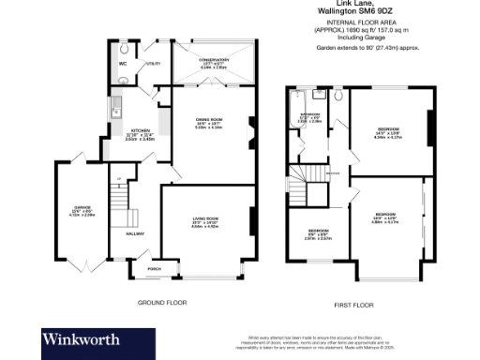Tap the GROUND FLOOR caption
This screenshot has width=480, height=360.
tap(164, 303)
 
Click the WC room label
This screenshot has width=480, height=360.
tap(123, 63)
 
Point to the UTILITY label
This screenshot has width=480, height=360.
tap(154, 64)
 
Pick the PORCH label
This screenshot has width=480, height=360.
tap(155, 269)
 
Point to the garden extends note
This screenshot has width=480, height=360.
tap(367, 45)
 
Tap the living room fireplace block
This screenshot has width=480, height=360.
tap(250, 222)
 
